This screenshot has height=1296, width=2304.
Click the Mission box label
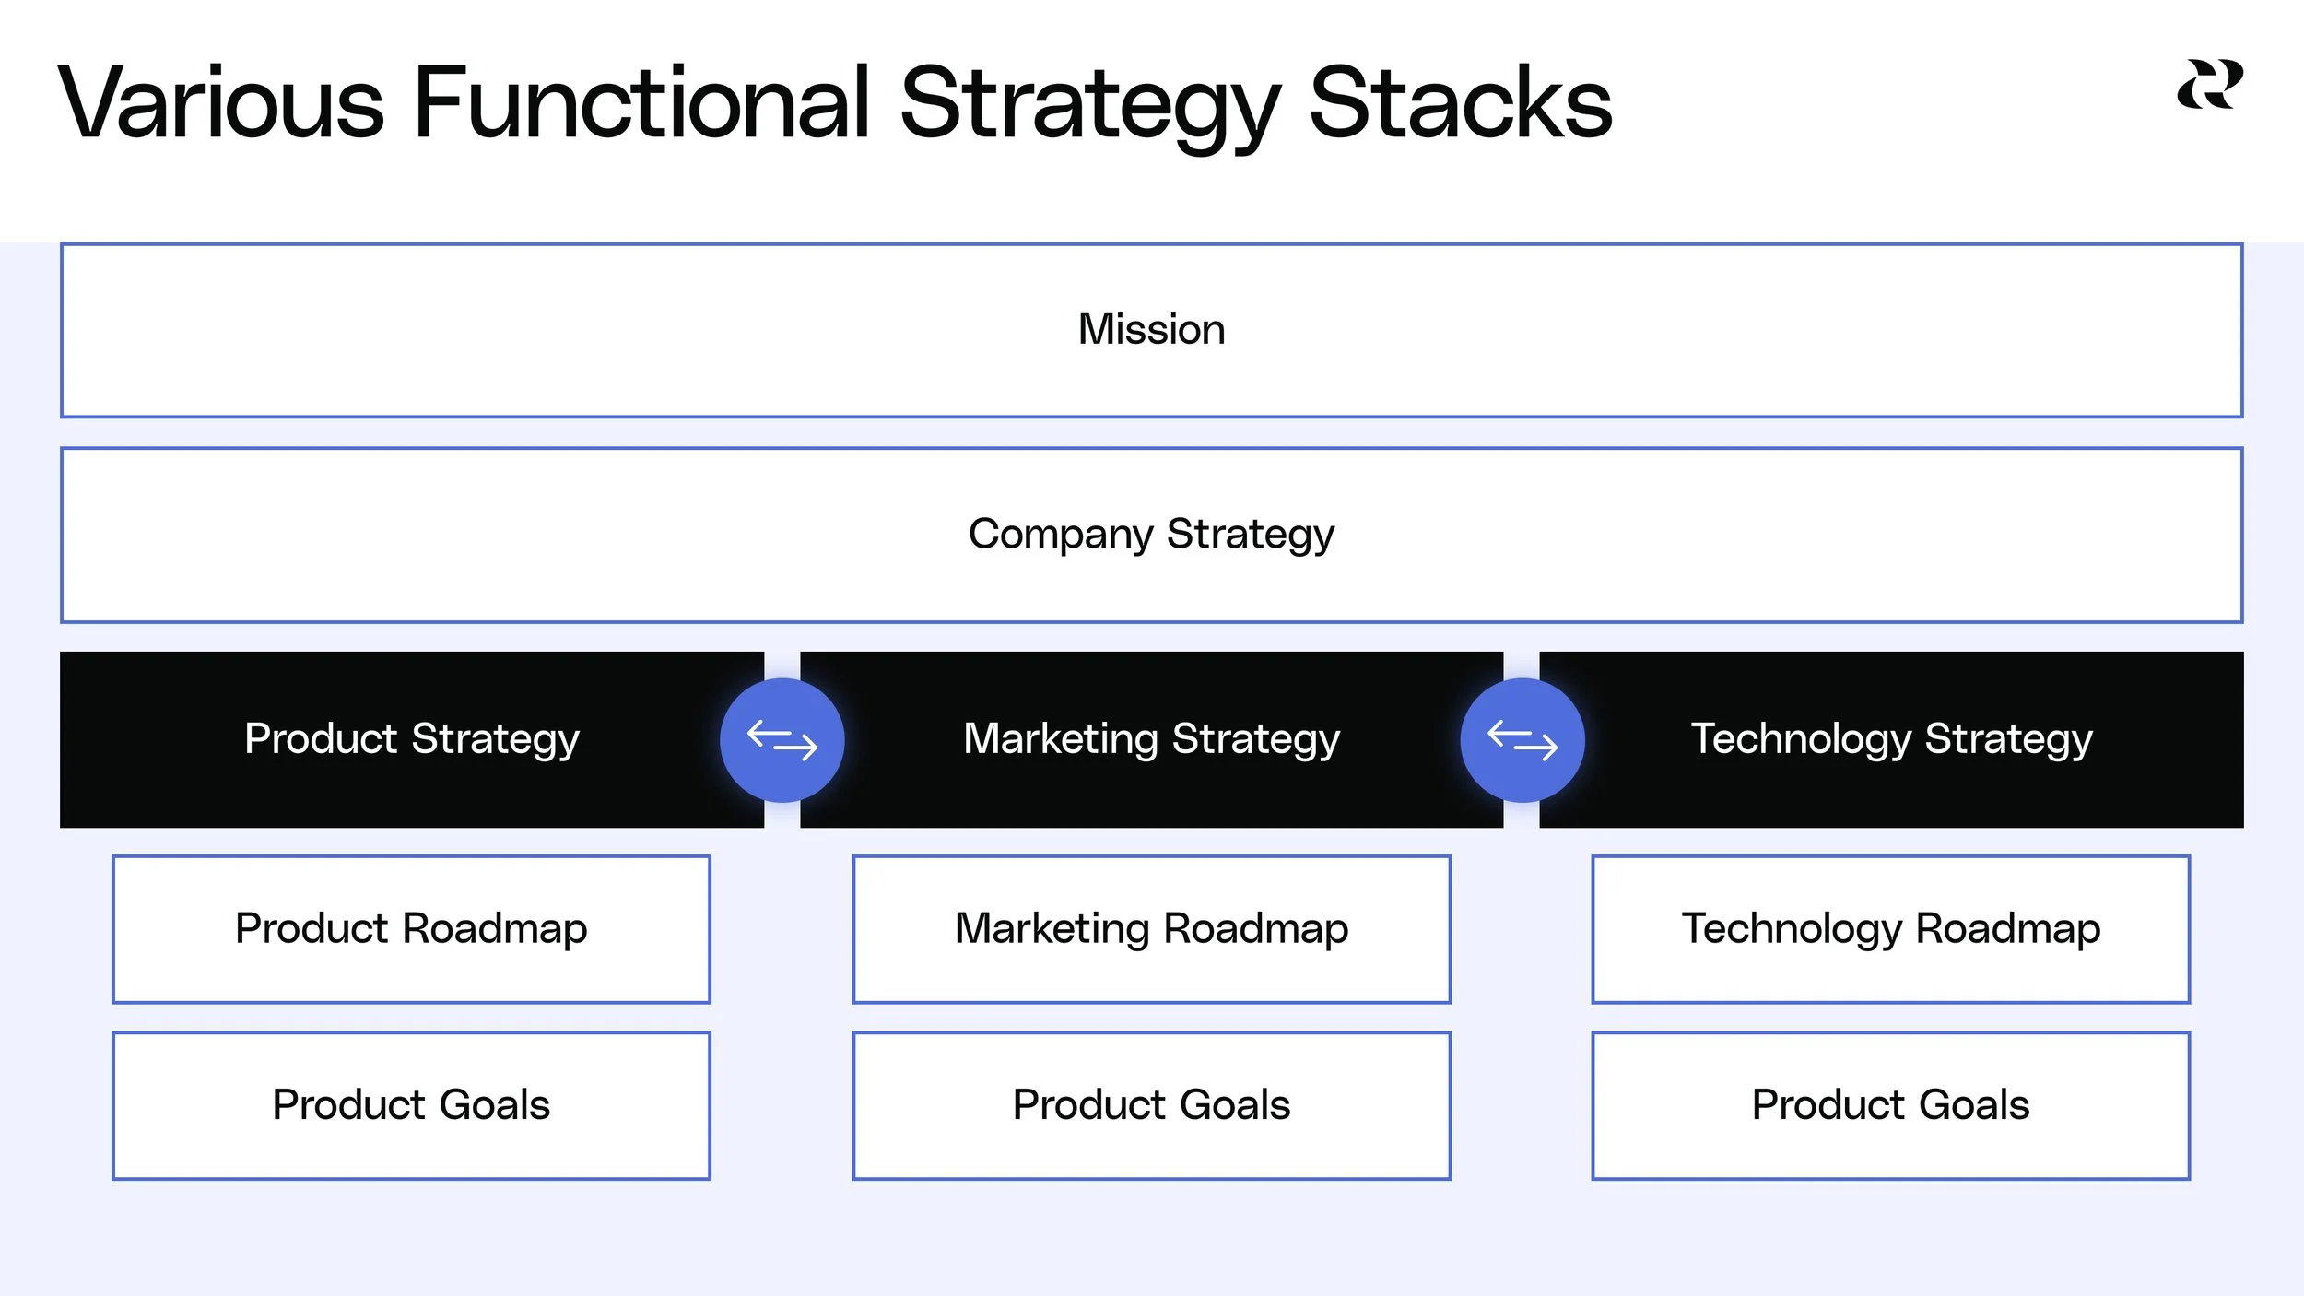click(1151, 330)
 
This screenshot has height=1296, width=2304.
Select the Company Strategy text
click(1151, 535)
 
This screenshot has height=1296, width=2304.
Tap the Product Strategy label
click(411, 739)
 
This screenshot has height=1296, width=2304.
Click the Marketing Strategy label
click(1151, 739)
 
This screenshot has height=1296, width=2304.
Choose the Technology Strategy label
click(1891, 739)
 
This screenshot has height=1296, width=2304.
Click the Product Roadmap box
click(411, 928)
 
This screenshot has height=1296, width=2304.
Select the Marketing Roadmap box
click(1151, 928)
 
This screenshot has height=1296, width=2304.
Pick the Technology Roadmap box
click(1891, 928)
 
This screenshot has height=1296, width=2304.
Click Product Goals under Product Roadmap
click(411, 1104)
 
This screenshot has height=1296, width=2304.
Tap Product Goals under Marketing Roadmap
click(1151, 1104)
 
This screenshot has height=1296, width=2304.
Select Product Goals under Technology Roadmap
click(1891, 1104)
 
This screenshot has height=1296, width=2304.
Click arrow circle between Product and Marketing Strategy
click(782, 740)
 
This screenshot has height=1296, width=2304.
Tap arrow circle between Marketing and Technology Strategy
click(1522, 740)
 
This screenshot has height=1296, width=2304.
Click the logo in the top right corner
click(2210, 85)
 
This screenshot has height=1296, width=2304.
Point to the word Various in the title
click(221, 103)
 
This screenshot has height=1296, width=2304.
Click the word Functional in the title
click(641, 103)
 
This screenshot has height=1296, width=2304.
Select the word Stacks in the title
click(1460, 103)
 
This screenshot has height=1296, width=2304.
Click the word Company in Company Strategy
click(1060, 535)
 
